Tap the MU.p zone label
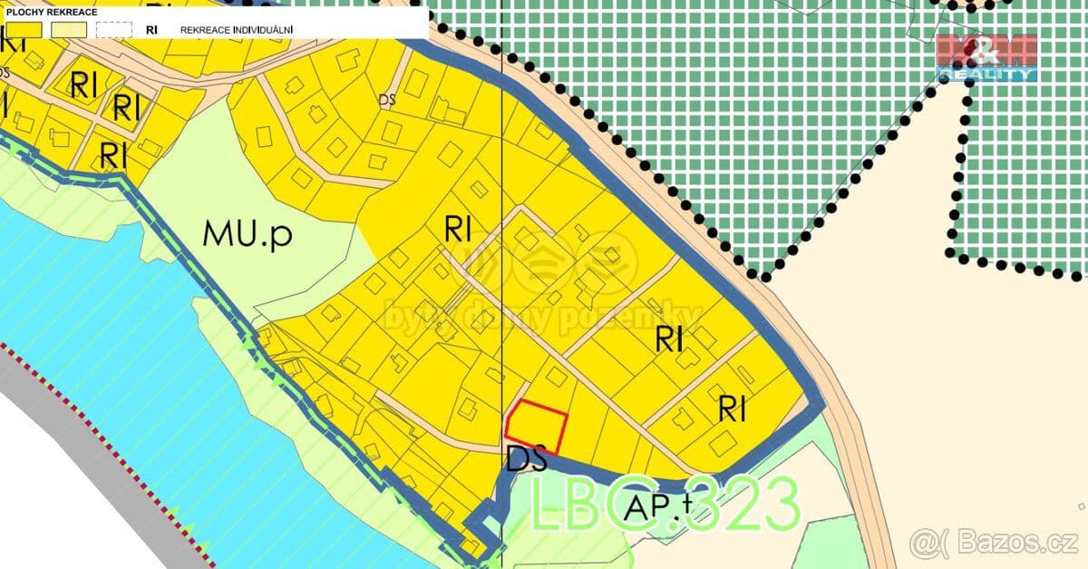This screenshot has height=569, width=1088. [x=248, y=234]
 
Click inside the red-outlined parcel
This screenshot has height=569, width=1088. [x=537, y=425]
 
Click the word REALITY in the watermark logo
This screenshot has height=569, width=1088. [x=986, y=74]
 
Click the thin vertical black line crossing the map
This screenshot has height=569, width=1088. [x=501, y=272]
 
